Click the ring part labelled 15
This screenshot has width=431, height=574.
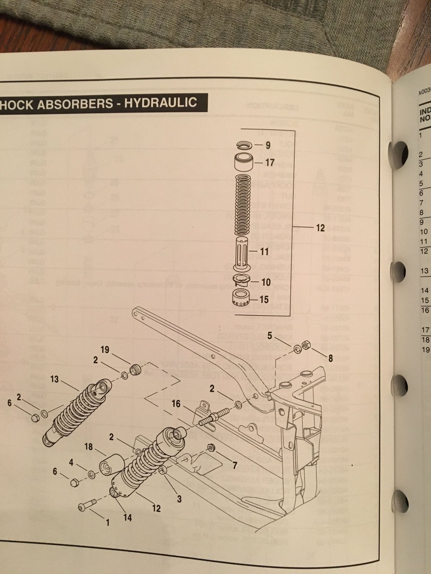click(x=241, y=297)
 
